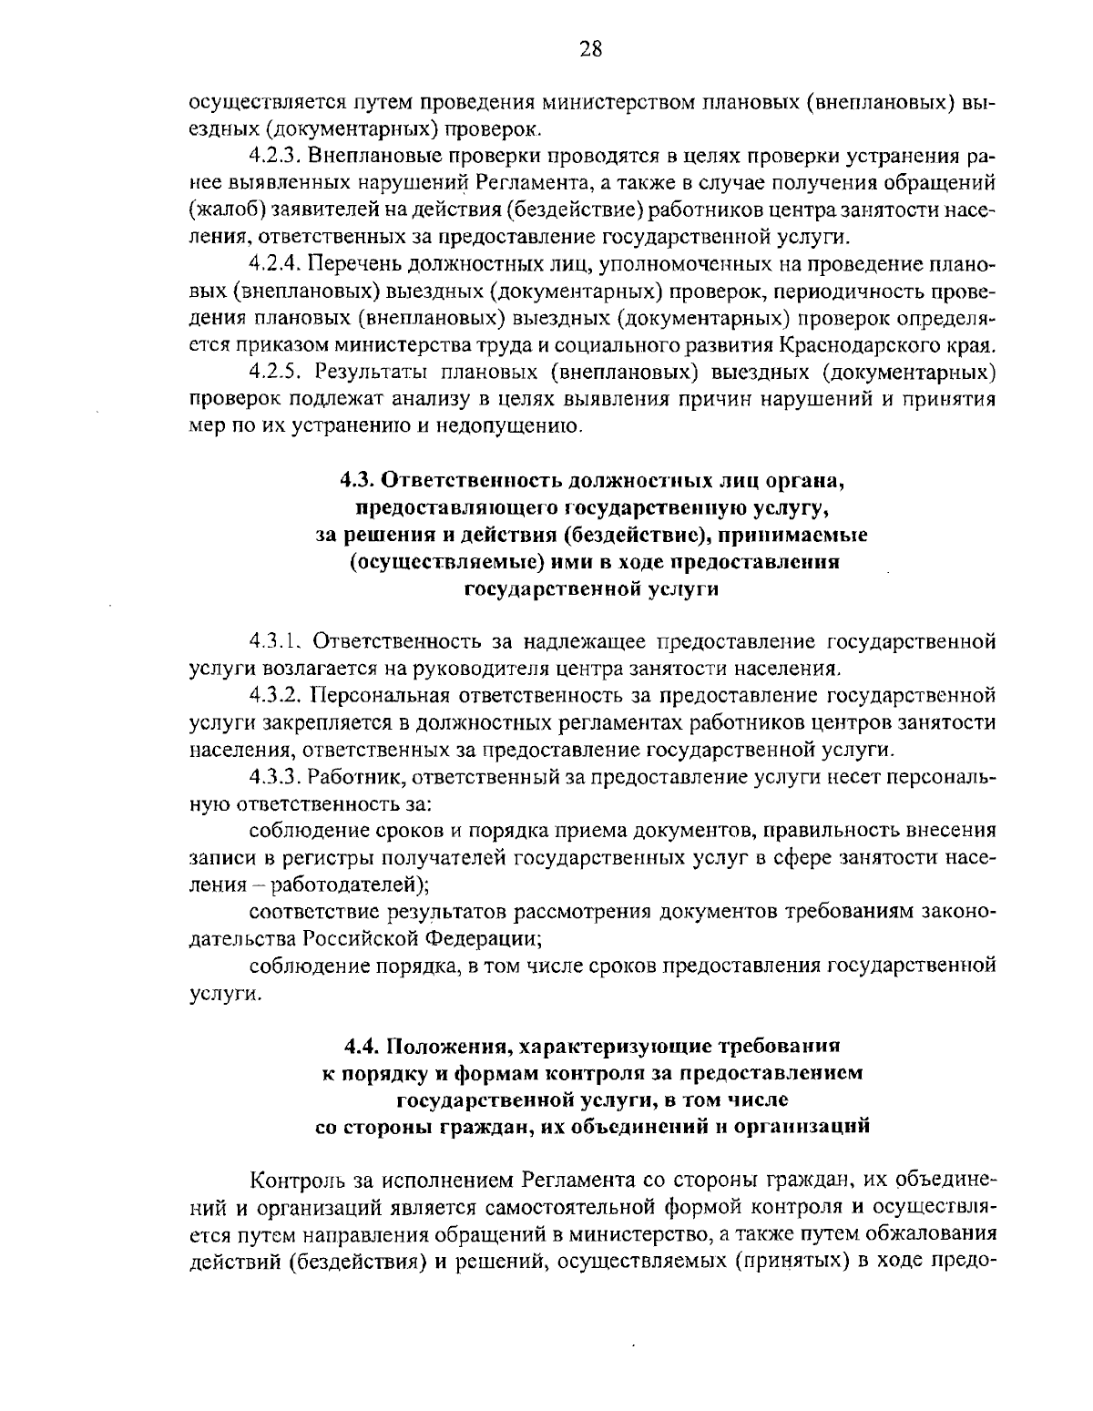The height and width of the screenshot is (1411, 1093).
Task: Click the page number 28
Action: click(590, 49)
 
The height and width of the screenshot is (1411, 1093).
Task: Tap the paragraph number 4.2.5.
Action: click(275, 372)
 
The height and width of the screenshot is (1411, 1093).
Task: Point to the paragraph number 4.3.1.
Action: click(275, 642)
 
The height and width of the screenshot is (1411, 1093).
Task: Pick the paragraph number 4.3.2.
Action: click(273, 696)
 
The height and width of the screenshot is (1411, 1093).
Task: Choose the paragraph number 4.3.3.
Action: click(273, 777)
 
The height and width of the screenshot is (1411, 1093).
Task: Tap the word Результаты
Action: click(365, 372)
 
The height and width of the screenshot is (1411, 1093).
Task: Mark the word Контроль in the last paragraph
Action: click(294, 1181)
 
